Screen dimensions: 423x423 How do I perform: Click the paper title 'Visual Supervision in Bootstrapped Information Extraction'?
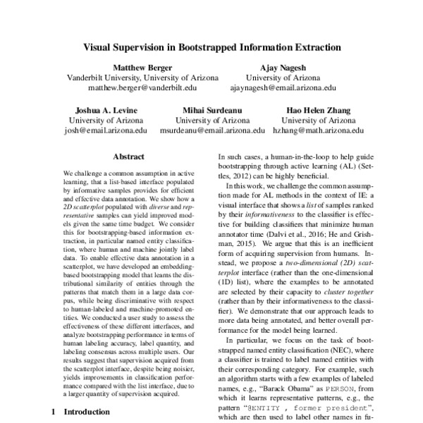point(211,49)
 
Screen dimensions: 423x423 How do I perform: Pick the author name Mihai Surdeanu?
point(211,110)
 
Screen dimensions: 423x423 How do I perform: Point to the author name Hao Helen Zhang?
point(318,110)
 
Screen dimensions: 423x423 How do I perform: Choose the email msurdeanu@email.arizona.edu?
point(211,131)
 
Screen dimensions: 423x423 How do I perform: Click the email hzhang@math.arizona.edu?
point(318,131)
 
